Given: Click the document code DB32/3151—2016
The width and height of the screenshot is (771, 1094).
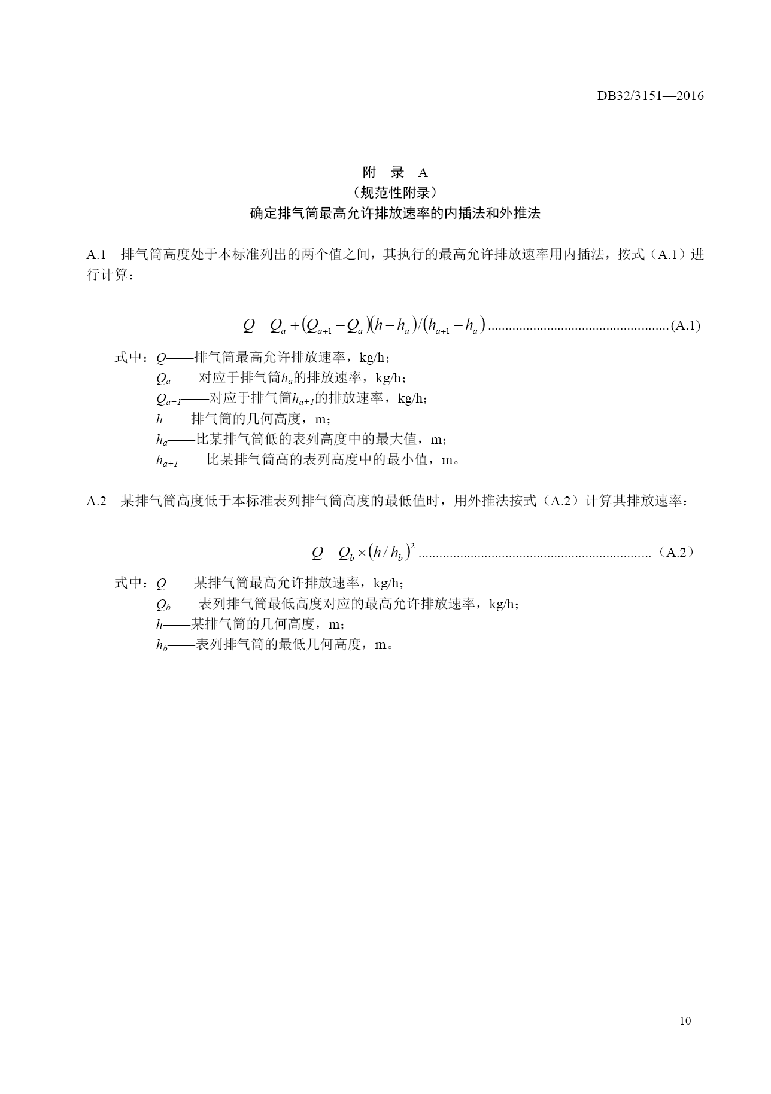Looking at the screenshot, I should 650,96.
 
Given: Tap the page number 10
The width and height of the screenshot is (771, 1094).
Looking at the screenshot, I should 685,1020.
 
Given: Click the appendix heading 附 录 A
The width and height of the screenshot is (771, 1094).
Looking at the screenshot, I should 395,173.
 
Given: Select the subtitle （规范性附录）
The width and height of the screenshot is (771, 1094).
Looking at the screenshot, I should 395,193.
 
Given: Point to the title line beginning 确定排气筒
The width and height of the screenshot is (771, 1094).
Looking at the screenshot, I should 395,214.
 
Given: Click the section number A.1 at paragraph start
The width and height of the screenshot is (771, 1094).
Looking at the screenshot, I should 96,255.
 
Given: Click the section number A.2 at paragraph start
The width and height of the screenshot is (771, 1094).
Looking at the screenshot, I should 96,501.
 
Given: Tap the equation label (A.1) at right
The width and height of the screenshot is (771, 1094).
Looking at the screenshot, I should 685,326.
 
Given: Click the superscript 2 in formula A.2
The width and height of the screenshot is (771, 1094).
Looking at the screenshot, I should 413,545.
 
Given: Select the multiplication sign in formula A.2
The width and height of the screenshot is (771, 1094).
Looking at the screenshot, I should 362,553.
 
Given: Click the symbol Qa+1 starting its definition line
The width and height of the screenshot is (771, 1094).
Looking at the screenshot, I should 168,399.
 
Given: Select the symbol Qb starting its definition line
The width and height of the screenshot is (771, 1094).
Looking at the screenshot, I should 163,605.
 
